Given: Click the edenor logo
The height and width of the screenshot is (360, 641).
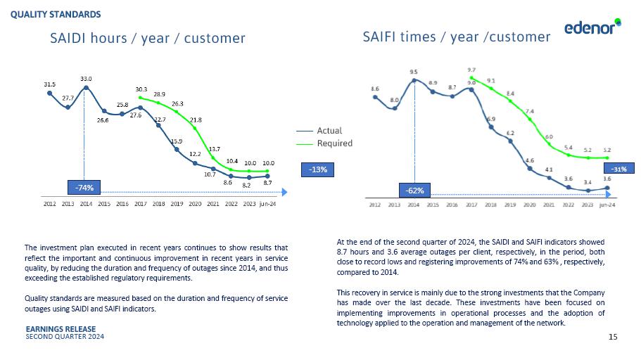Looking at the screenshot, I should [x=592, y=27].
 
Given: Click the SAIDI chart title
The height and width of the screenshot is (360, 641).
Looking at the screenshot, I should [x=148, y=38].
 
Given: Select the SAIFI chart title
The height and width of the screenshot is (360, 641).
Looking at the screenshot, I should [x=456, y=37].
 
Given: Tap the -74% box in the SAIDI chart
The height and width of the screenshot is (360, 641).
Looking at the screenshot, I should [x=84, y=188].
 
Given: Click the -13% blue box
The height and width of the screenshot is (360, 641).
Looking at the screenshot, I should [x=317, y=169].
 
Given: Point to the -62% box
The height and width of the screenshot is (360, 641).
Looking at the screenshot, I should [x=414, y=190].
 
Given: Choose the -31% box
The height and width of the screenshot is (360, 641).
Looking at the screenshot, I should [x=620, y=169].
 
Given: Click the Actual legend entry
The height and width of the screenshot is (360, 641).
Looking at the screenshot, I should [x=329, y=131].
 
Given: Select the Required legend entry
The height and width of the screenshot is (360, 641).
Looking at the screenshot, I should [x=334, y=143].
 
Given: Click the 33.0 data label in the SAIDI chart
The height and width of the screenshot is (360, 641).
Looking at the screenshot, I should [x=86, y=79].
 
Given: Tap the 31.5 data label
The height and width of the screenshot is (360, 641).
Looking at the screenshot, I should [x=49, y=84].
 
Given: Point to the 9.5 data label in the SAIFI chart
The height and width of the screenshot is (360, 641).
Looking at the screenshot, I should [x=414, y=72].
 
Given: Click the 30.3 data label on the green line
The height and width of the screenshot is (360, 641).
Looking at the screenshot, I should [x=141, y=89].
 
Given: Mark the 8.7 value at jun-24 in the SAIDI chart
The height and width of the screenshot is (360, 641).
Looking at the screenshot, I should [x=268, y=183].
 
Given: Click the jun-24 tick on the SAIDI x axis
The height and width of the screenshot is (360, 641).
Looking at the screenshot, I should [x=267, y=204].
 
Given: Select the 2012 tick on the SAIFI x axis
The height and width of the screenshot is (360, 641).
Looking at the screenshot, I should [x=375, y=205].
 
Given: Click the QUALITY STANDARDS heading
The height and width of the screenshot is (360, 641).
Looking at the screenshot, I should [x=56, y=14].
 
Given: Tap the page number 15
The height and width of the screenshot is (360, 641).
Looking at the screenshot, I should [x=612, y=338].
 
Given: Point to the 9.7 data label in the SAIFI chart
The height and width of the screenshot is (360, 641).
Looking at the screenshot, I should [x=471, y=70].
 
